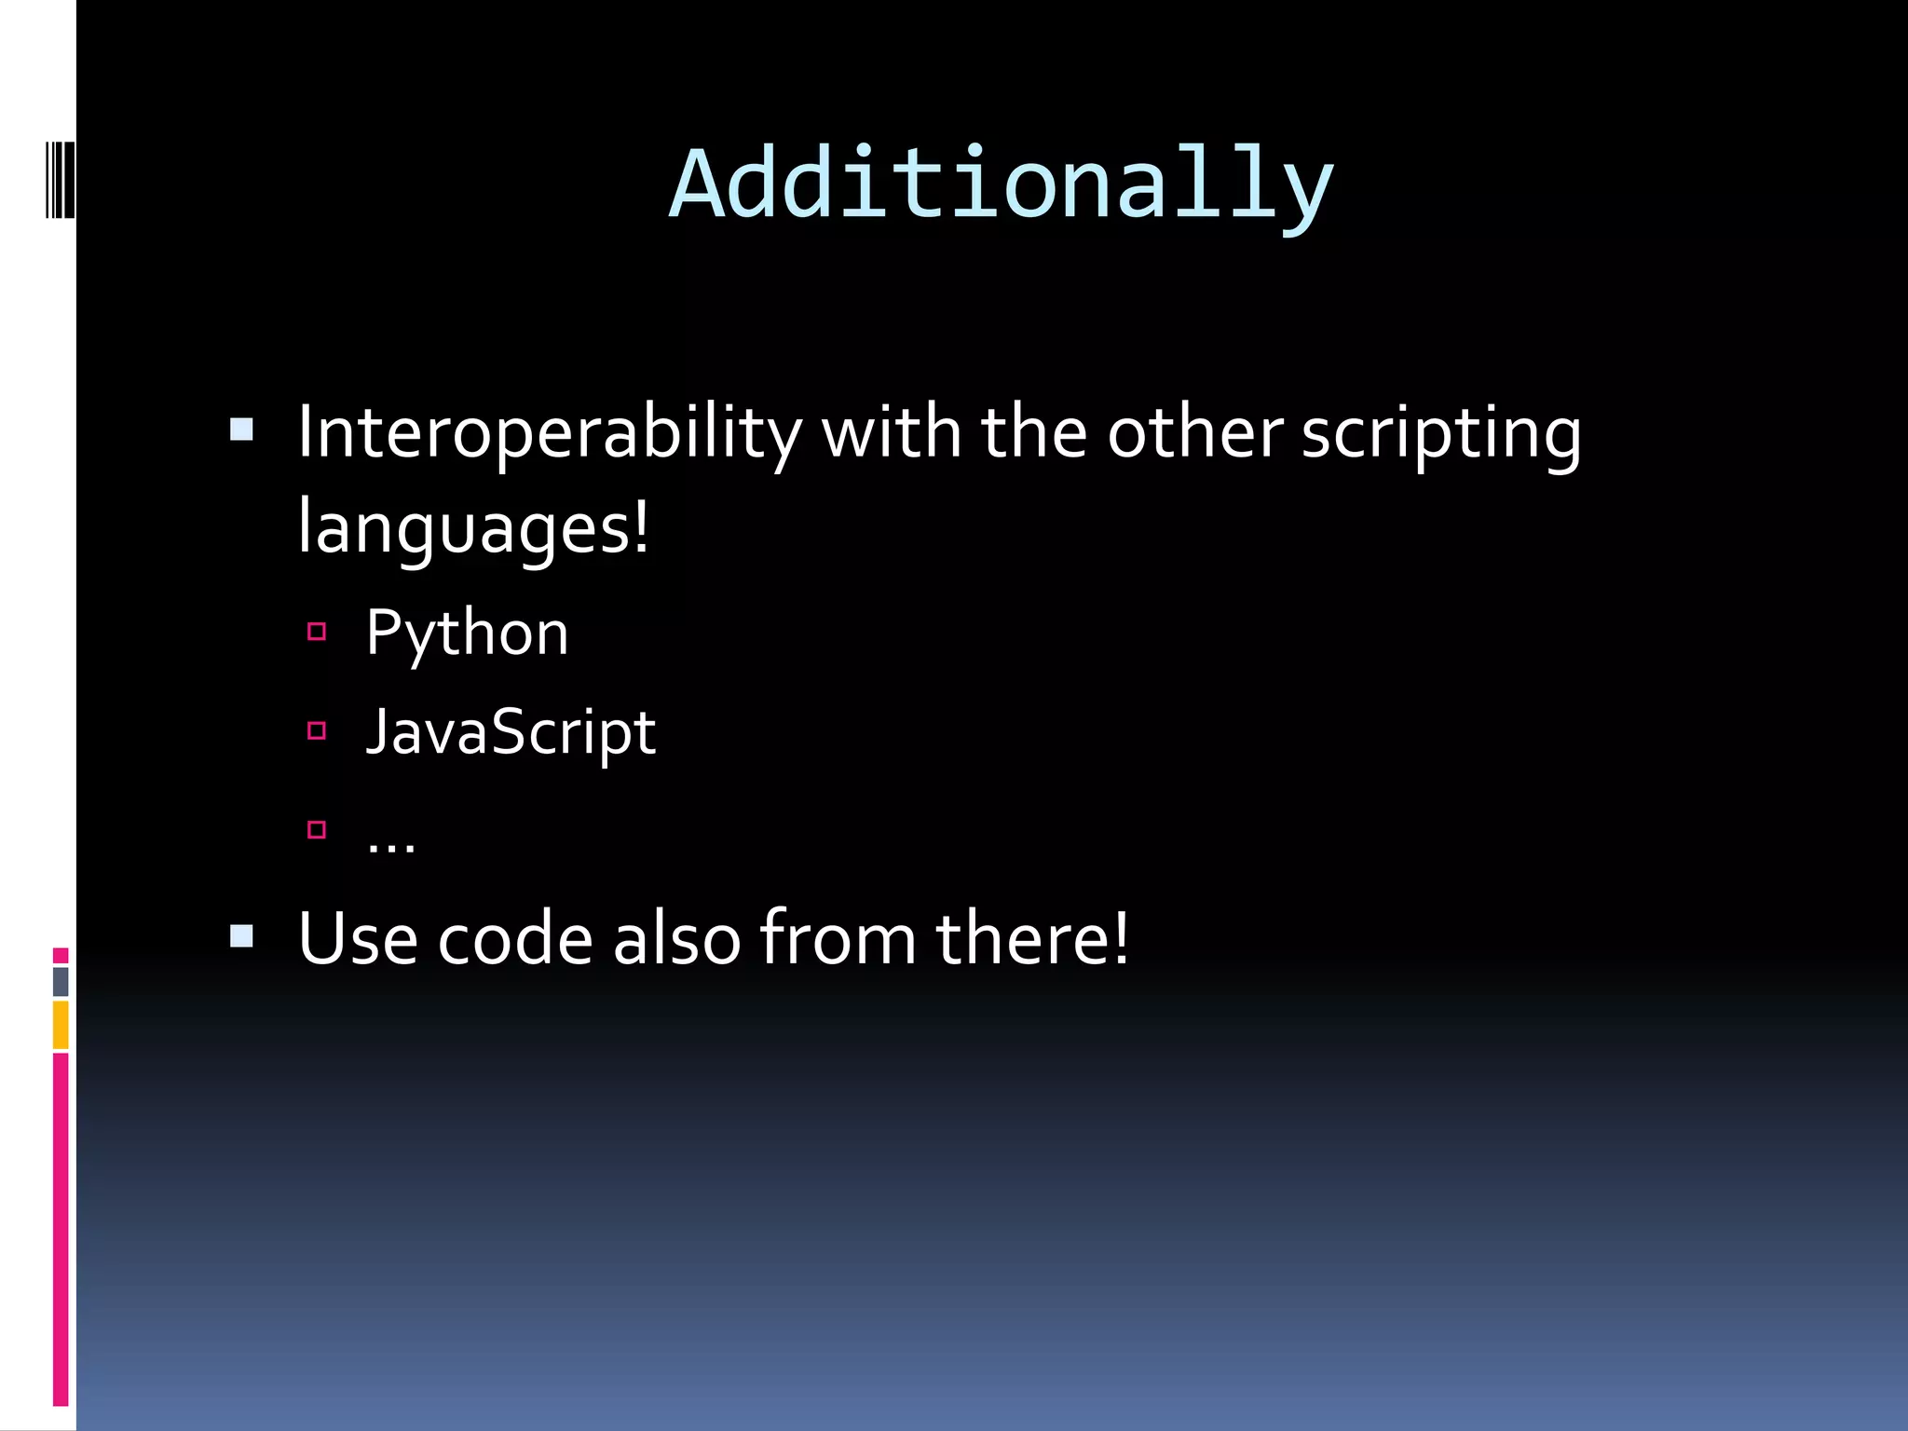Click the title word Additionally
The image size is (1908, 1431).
point(1002,184)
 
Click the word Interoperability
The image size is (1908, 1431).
point(549,433)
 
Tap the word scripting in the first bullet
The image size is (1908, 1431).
point(1440,433)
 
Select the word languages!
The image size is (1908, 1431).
point(473,527)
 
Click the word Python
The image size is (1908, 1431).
point(467,634)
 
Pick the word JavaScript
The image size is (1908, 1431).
point(511,732)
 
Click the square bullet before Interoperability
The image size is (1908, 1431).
point(241,429)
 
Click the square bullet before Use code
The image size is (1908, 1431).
point(241,935)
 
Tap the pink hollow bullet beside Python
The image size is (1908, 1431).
point(317,632)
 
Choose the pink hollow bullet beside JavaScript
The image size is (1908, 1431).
point(317,730)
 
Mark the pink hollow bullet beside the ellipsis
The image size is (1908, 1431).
point(317,829)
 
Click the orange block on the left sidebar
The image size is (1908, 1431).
point(61,1025)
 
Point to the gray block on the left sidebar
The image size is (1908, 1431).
point(61,981)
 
